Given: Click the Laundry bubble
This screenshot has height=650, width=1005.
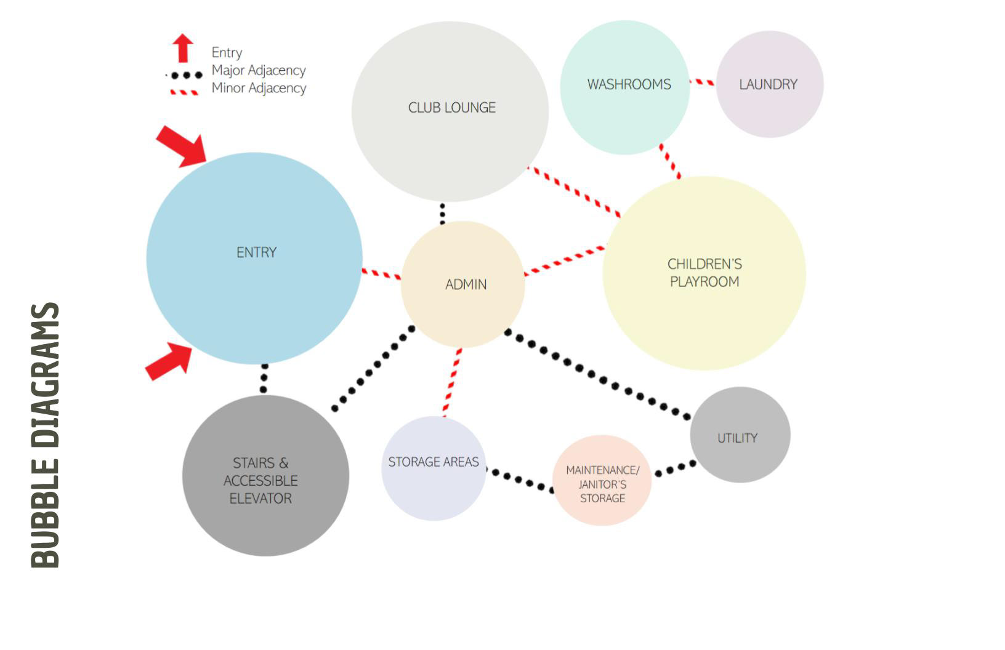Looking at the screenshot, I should click(x=769, y=84).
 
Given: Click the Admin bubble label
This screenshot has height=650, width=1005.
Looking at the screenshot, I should click(x=466, y=284).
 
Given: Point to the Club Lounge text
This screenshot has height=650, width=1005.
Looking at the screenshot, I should click(x=451, y=108).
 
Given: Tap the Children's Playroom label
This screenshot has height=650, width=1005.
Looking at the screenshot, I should click(x=704, y=273).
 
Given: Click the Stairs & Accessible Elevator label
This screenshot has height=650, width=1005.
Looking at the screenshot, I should click(x=260, y=481).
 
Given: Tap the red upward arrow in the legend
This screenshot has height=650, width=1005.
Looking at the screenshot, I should click(x=183, y=48).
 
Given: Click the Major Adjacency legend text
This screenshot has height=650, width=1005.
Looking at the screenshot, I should click(x=259, y=70).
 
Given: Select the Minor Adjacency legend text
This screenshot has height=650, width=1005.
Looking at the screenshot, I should click(x=259, y=88).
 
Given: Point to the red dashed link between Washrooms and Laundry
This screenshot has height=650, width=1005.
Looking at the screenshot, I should click(x=702, y=82).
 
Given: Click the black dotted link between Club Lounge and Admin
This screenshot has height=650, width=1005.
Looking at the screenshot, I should click(x=442, y=213).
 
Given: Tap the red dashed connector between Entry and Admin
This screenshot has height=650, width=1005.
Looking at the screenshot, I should click(x=381, y=273).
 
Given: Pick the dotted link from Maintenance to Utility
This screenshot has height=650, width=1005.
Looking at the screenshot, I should click(x=675, y=468).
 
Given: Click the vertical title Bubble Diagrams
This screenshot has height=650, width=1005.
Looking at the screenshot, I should click(x=45, y=435).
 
